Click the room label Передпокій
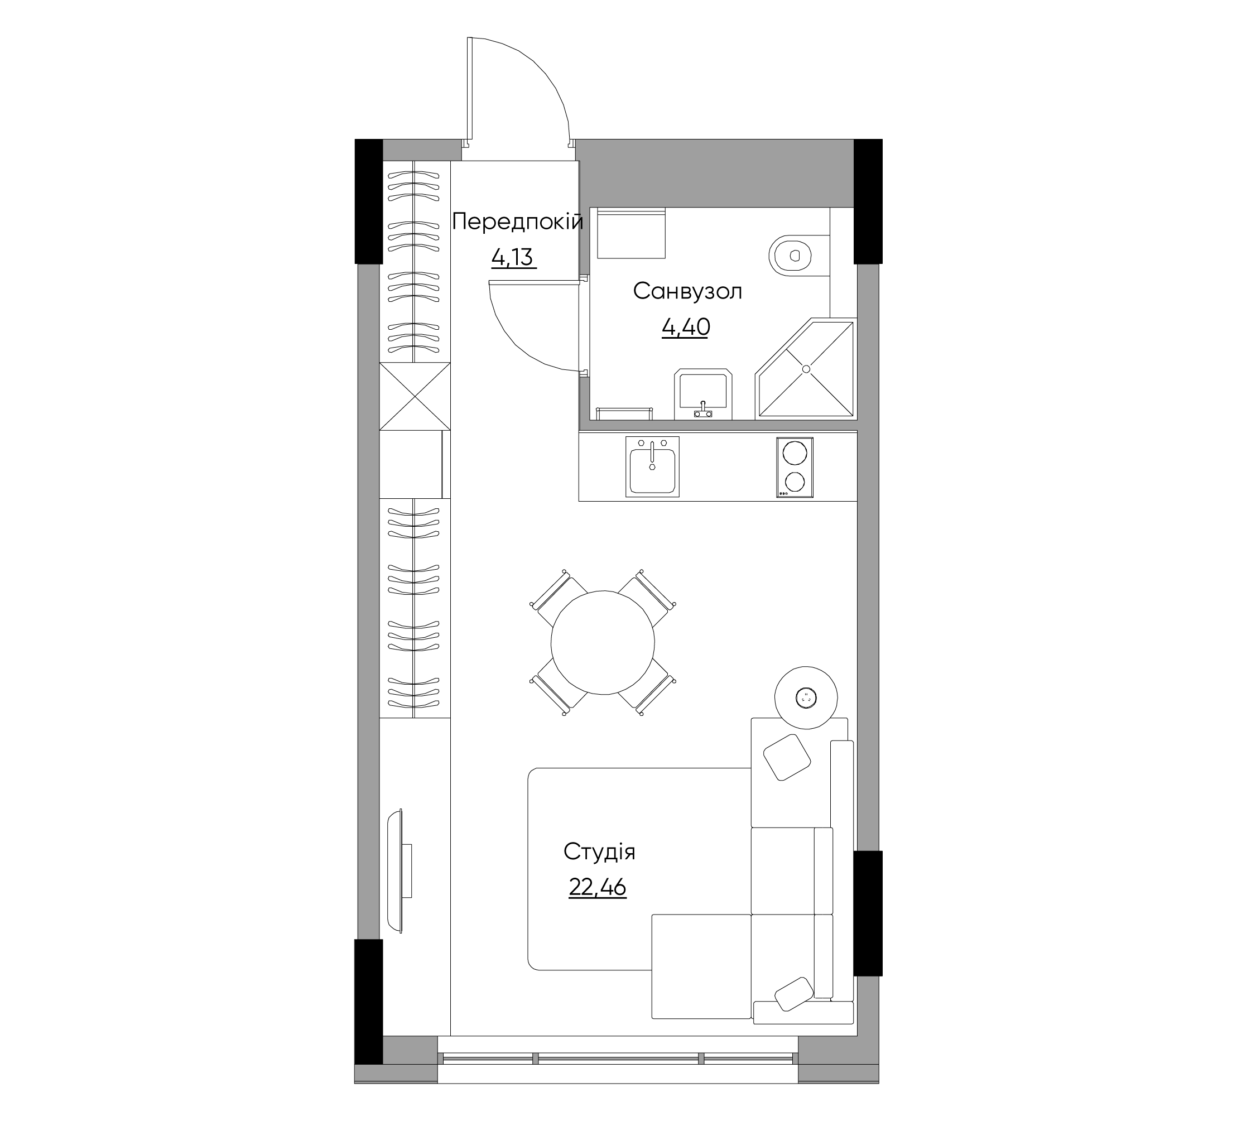click(517, 221)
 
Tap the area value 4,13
click(512, 258)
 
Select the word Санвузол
click(687, 291)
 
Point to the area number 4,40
click(685, 327)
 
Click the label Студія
click(599, 851)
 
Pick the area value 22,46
click(597, 887)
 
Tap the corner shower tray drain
click(806, 369)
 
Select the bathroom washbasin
click(703, 394)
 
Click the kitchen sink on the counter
click(652, 467)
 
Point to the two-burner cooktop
click(795, 467)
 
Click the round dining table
click(603, 642)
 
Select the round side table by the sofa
click(806, 697)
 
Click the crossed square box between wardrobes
click(415, 396)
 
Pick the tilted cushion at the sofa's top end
click(787, 757)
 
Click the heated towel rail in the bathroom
click(624, 412)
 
